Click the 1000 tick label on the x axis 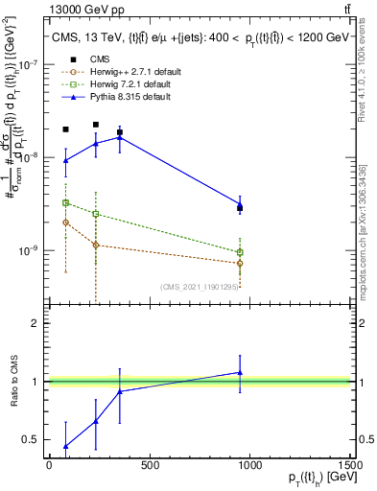(249, 466)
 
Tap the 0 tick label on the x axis (49, 466)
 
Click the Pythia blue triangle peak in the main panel (119, 137)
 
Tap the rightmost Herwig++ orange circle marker (240, 263)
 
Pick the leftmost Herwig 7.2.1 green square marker (65, 202)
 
